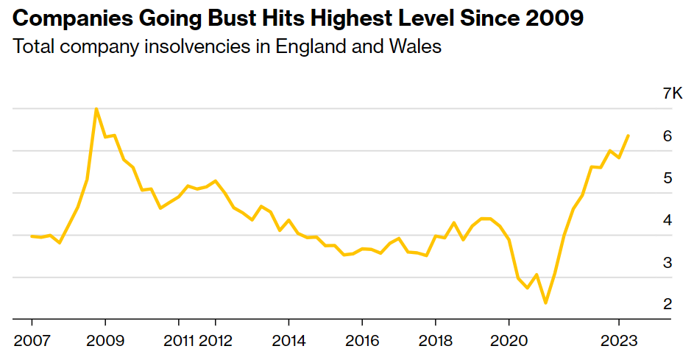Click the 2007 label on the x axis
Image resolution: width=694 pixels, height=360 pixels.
point(32,341)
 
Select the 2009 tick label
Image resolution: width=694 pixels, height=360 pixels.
point(105,341)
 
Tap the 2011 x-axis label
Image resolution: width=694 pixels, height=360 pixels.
point(178,341)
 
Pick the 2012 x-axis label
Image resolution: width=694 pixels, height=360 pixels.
point(215,341)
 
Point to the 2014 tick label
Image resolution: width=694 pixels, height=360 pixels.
point(288,341)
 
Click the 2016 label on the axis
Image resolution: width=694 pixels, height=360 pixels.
point(362,341)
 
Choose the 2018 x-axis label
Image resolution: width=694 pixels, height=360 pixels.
point(436,341)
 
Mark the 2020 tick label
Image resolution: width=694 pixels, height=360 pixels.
point(509,341)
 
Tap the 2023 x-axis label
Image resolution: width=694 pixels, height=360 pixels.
point(618,341)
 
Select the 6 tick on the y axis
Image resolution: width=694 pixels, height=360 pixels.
point(668,135)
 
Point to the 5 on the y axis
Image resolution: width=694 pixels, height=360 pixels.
point(668,178)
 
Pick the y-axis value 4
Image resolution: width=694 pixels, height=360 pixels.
point(668,220)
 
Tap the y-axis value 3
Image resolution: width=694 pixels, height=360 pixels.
point(668,262)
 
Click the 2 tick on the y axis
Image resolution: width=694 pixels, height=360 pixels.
point(668,304)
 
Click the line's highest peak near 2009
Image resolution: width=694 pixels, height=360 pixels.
point(96,109)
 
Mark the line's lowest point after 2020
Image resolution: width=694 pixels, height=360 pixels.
point(545,303)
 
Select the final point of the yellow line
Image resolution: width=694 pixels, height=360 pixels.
point(628,135)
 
